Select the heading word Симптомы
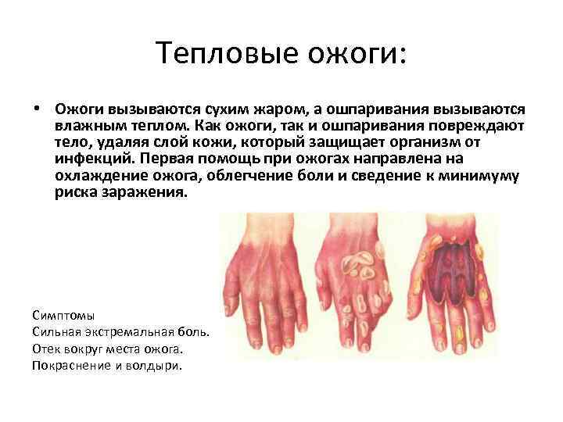point(63,316)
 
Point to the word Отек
point(46,349)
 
